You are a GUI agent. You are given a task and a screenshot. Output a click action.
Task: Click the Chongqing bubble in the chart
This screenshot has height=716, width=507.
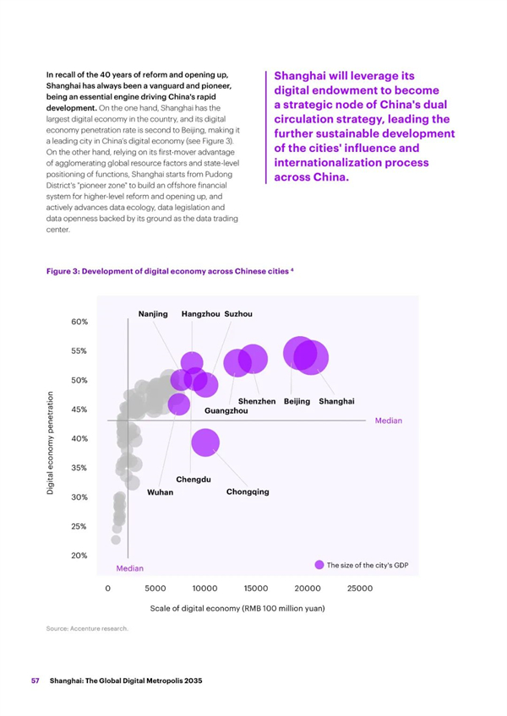coord(205,442)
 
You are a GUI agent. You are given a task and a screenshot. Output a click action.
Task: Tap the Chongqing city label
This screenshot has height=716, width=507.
coord(248,492)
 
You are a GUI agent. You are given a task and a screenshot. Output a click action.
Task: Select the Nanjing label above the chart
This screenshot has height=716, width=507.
coord(153,314)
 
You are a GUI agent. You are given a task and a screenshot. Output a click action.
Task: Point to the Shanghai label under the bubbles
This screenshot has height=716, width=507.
coord(336,401)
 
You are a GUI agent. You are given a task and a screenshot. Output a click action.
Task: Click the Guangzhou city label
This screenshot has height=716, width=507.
coord(226,411)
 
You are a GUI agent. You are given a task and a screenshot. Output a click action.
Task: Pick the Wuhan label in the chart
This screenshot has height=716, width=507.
coord(160,492)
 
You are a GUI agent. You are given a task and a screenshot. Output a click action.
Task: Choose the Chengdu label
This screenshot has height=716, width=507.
coord(194,480)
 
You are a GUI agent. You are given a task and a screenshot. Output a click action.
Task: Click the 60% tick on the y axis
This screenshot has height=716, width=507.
coord(79,322)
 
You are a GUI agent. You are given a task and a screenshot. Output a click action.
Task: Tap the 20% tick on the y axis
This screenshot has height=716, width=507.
coord(79,556)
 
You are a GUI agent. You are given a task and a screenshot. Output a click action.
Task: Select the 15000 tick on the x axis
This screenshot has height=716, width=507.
coord(255,589)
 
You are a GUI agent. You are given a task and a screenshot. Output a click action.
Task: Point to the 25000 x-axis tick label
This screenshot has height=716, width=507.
coord(360,589)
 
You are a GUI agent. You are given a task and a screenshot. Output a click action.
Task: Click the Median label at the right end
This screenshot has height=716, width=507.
coord(389,420)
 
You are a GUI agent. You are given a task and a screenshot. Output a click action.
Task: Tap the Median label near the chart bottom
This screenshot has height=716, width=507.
coord(130,568)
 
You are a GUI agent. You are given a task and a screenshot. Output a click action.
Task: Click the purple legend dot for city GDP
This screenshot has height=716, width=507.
coord(319,565)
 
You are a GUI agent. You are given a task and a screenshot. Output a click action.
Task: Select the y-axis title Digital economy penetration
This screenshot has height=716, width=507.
coord(51,442)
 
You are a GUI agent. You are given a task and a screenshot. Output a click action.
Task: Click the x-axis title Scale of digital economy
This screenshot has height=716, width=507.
coord(237,608)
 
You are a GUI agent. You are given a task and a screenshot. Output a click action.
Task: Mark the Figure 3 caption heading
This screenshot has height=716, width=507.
coord(170,271)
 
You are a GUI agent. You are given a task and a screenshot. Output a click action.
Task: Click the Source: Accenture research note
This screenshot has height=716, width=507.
coord(87,628)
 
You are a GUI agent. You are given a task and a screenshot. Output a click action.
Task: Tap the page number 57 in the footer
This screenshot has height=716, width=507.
coord(35,681)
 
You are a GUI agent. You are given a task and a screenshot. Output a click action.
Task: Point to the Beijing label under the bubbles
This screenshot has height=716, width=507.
coord(297,401)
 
